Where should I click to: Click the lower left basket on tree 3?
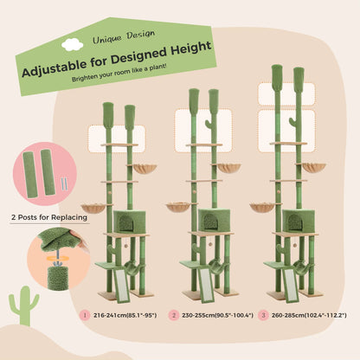pos(262,207)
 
